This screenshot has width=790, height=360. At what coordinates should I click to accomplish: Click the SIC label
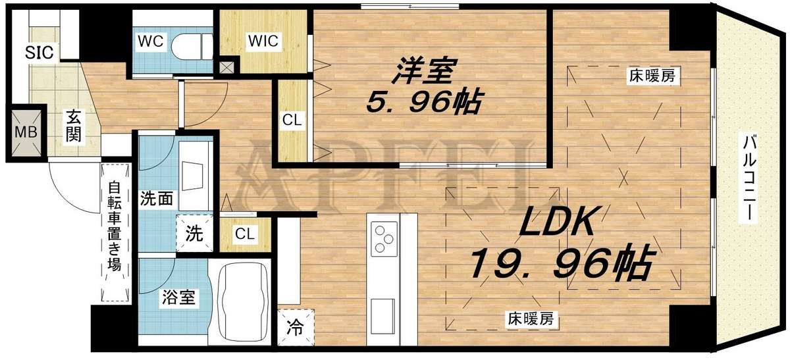click(x=39, y=51)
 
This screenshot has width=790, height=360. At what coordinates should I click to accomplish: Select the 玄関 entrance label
click(x=72, y=128)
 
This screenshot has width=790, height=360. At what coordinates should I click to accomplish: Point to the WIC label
click(x=263, y=41)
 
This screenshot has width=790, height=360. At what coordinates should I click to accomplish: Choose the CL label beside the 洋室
click(x=292, y=120)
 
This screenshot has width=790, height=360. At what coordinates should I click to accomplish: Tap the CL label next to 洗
click(x=244, y=233)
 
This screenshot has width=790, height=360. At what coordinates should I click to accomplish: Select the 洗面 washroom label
click(x=157, y=198)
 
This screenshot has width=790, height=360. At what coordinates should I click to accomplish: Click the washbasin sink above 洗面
click(x=196, y=176)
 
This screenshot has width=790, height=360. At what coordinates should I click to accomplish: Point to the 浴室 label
click(x=178, y=297)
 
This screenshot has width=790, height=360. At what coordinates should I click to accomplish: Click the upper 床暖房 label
click(x=651, y=76)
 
